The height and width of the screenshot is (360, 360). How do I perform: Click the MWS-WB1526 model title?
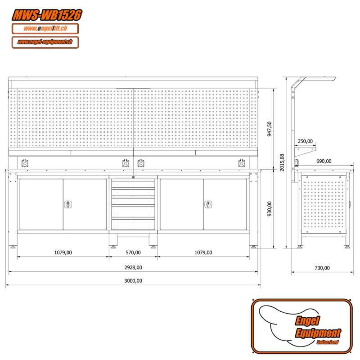(x=47, y=14)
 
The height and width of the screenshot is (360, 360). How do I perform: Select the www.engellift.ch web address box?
(x=45, y=29)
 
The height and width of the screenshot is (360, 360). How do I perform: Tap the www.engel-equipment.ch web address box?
(x=45, y=42)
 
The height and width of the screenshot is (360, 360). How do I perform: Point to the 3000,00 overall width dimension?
(x=133, y=280)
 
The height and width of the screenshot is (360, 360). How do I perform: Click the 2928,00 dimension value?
(x=133, y=267)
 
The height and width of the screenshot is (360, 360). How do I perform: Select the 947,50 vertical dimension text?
(x=270, y=130)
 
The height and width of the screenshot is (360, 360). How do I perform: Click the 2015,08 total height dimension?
(x=282, y=162)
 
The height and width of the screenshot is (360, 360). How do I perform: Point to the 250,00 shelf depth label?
(x=305, y=141)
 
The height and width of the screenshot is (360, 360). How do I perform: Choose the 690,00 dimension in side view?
(x=324, y=161)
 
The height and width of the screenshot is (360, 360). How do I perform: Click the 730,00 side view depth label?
(x=322, y=268)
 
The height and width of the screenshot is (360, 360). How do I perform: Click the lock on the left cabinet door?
(x=67, y=205)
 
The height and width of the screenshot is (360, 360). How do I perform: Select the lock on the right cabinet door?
(x=208, y=205)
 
